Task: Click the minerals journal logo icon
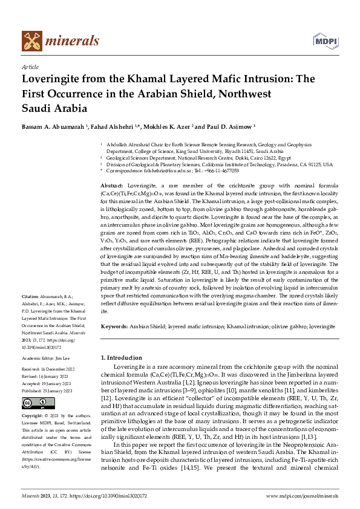click(33, 41)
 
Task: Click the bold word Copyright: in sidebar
click(33, 417)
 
